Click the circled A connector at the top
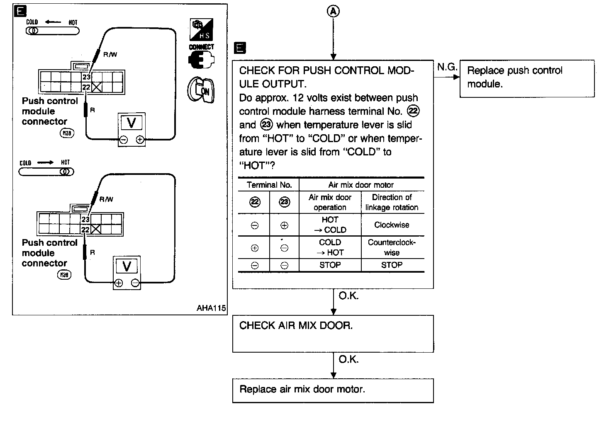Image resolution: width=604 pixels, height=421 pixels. coord(333,12)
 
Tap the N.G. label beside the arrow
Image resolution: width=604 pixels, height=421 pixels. coord(447,67)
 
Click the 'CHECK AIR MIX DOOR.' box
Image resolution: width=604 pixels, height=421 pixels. coord(333,333)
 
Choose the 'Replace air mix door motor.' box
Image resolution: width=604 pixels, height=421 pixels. coord(333,390)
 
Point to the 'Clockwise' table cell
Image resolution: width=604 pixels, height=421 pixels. coord(392,225)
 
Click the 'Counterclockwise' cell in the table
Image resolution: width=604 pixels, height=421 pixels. coord(392,247)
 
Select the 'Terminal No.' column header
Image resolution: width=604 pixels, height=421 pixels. coord(269,185)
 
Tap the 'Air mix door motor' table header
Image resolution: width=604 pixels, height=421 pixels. coord(361,185)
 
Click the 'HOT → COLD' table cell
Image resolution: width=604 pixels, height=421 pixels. coord(330,225)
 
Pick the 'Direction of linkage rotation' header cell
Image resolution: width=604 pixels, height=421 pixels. coord(392,202)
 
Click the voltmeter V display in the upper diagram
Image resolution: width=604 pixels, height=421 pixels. coord(132,123)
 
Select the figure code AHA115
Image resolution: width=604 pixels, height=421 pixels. coord(211,308)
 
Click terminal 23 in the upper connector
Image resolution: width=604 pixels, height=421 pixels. coord(86,77)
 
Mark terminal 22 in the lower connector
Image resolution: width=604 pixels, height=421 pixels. coord(85,230)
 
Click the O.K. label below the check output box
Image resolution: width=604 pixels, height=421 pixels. coord(348,296)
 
